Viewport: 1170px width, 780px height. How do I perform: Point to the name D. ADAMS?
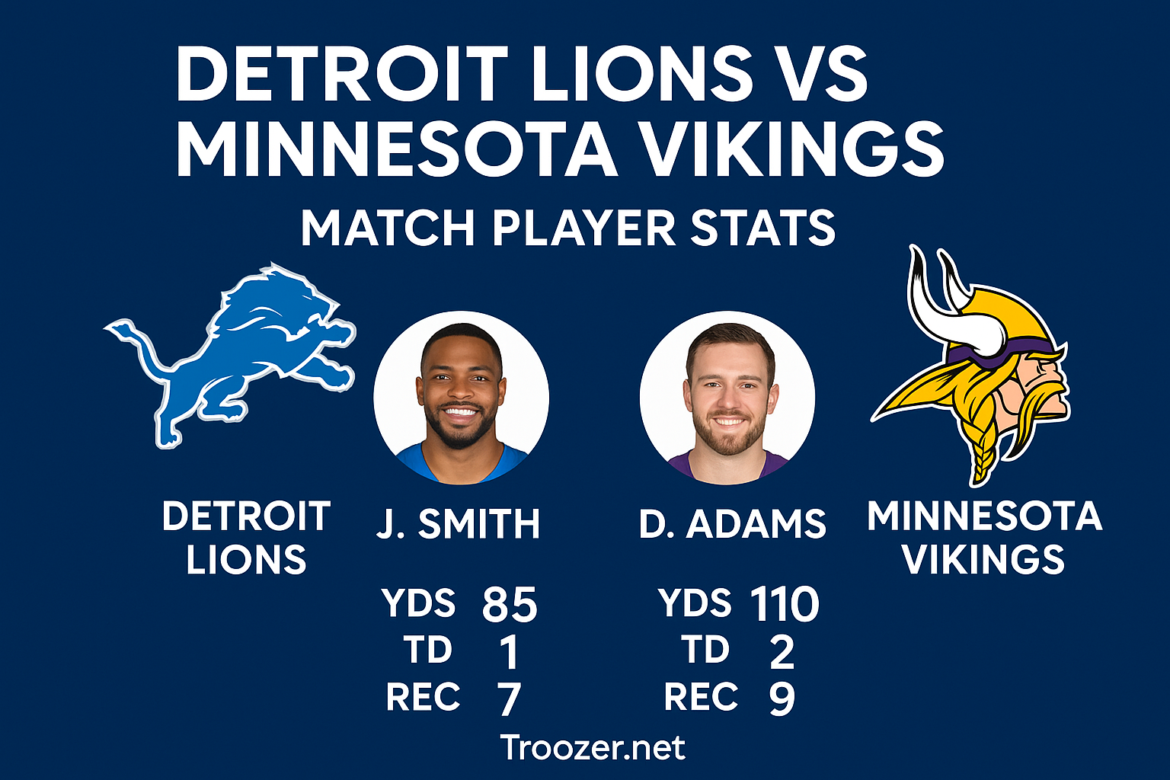(x=732, y=524)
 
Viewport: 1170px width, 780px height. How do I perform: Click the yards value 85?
(x=510, y=605)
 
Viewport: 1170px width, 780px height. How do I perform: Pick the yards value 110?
(x=784, y=605)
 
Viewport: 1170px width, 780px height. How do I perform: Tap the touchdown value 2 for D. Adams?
(x=782, y=652)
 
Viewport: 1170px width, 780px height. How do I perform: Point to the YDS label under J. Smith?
(x=419, y=603)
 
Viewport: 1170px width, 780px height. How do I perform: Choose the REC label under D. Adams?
(x=701, y=697)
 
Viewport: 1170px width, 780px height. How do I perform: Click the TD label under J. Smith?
(x=428, y=651)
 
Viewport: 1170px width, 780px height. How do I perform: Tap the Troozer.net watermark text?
(x=593, y=748)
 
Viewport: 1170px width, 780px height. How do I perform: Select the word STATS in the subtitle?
(x=762, y=228)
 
